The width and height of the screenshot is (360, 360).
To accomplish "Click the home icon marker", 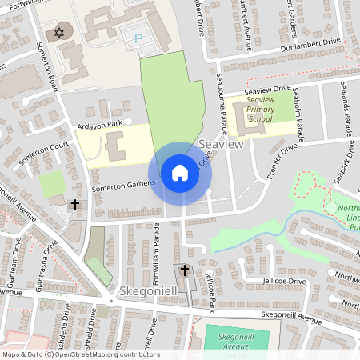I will coord(179,173).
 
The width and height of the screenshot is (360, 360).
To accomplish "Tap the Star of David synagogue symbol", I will coord(58,33).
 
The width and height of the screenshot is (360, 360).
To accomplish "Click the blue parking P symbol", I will coord(140,37).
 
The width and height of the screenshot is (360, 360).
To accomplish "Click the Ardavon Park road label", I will coord(100,123).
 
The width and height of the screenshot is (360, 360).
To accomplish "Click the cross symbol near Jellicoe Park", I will coord(185,271).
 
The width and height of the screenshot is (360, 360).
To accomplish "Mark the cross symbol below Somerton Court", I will coord(75,205).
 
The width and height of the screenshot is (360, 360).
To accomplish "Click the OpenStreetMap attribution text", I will coord(80,354).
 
